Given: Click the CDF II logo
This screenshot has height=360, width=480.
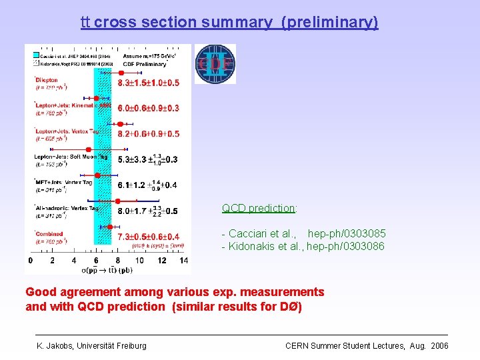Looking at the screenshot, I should coord(215,64).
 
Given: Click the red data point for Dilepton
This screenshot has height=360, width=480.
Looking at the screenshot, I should coord(121,72).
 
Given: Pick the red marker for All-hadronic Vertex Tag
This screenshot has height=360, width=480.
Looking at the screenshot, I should coord(117,201).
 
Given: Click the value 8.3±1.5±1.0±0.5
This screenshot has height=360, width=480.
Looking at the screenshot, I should coord(148,83).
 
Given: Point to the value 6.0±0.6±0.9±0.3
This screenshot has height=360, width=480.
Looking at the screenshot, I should coord(148,108).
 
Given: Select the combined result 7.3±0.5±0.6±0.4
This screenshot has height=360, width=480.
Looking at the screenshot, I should coord(148,237).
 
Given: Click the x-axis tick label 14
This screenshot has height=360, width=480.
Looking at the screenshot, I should coord(183,260).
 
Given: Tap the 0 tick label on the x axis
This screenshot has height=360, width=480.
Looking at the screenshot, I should coord(31,260).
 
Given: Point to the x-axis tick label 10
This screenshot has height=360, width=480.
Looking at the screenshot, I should coord(140,260).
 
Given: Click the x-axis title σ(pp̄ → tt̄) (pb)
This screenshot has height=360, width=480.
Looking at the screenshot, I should coord(107,270).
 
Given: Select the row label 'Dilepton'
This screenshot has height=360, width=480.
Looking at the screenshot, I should coord(47,80).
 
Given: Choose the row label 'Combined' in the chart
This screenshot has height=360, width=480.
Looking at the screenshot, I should coord(49,234).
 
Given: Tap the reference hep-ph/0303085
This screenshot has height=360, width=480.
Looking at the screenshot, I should coord(346,233).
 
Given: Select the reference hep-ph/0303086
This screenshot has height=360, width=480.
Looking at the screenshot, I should coord(346,247).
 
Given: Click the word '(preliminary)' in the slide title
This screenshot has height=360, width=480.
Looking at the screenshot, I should coord(329,22).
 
